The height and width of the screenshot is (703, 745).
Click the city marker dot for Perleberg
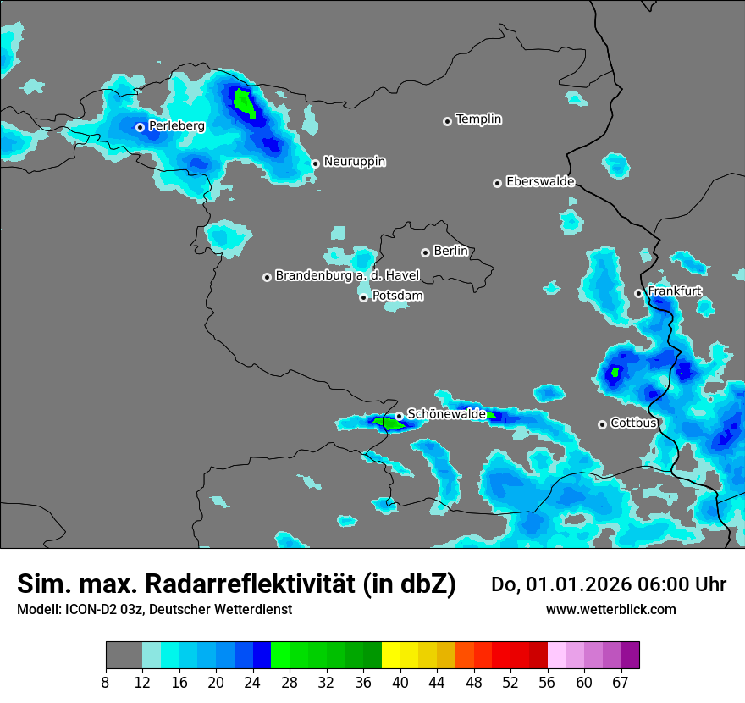tap(140, 127)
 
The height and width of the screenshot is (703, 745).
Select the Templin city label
tap(478, 119)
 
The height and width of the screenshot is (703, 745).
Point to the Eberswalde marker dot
tap(497, 183)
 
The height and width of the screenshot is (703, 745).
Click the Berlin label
tap(450, 251)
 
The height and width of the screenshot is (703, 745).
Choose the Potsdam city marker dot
tap(363, 297)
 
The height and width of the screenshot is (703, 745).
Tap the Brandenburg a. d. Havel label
tap(347, 275)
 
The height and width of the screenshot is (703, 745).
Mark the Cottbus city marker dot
tap(602, 424)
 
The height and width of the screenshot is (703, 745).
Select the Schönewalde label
tap(446, 414)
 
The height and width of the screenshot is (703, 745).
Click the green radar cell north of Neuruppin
tap(244, 103)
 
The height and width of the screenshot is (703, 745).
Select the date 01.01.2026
tap(574, 584)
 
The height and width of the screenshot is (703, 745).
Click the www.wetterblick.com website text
tap(611, 609)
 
